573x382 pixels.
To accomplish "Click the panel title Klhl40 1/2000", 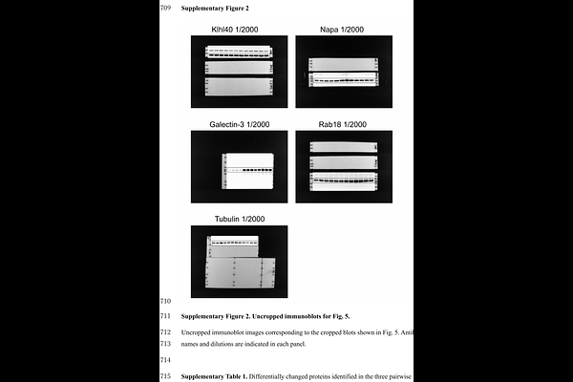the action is click(x=235, y=30).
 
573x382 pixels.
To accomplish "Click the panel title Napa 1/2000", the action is click(x=342, y=30).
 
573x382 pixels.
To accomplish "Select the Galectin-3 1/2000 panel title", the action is click(x=240, y=124).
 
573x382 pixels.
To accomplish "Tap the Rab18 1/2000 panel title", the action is click(x=343, y=124).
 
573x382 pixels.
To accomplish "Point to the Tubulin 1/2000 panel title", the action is click(x=240, y=219).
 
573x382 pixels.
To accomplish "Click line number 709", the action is click(x=165, y=8).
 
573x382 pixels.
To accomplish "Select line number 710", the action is click(x=165, y=301).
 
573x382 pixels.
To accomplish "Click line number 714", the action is click(x=165, y=360).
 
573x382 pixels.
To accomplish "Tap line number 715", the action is click(x=165, y=376).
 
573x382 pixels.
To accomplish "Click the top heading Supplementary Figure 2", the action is click(x=215, y=8).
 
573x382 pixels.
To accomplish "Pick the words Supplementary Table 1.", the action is click(x=214, y=376).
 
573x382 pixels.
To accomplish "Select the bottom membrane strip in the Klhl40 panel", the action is click(x=239, y=86).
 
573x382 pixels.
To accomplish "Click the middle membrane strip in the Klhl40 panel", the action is click(x=239, y=68).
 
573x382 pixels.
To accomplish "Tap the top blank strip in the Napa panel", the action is click(x=344, y=64).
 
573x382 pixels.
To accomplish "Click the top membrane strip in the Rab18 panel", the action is click(x=344, y=147).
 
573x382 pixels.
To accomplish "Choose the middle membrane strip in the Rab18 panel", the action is click(x=344, y=162).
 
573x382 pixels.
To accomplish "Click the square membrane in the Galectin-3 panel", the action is click(x=247, y=171).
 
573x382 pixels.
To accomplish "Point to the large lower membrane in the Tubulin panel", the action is click(x=241, y=273).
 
